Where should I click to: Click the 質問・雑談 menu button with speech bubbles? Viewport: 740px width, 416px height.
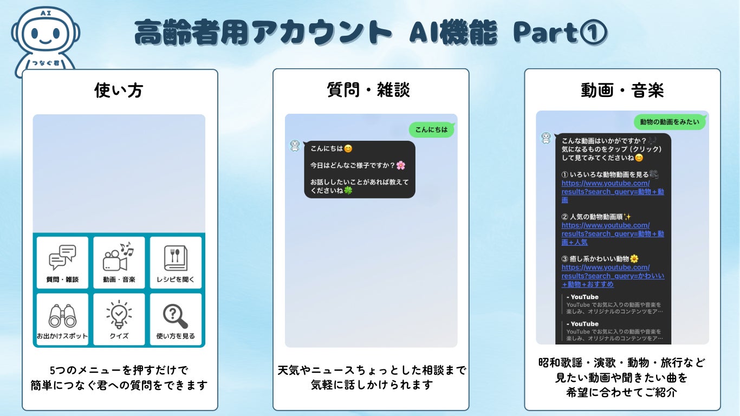tap(62, 263)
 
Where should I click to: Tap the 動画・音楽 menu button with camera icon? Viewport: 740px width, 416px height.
tap(119, 263)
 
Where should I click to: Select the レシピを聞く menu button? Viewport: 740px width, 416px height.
tap(176, 263)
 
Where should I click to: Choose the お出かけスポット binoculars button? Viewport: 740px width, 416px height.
tap(62, 319)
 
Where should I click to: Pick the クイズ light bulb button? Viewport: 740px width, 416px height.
tap(119, 319)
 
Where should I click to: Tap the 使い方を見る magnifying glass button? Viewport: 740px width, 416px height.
tap(176, 319)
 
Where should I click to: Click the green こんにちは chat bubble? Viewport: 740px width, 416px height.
tap(431, 129)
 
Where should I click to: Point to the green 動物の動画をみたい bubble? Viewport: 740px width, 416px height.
tap(670, 122)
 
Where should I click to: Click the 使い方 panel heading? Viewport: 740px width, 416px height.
tap(119, 90)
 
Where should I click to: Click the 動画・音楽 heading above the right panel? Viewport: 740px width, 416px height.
tap(622, 90)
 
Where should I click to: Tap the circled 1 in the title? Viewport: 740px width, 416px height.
tap(594, 32)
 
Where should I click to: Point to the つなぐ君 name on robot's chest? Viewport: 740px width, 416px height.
tap(46, 63)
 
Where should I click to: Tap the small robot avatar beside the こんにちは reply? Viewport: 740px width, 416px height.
tap(295, 146)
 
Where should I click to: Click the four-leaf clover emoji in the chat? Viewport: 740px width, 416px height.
tap(348, 190)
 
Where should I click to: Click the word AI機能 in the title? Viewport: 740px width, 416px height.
tap(453, 32)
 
